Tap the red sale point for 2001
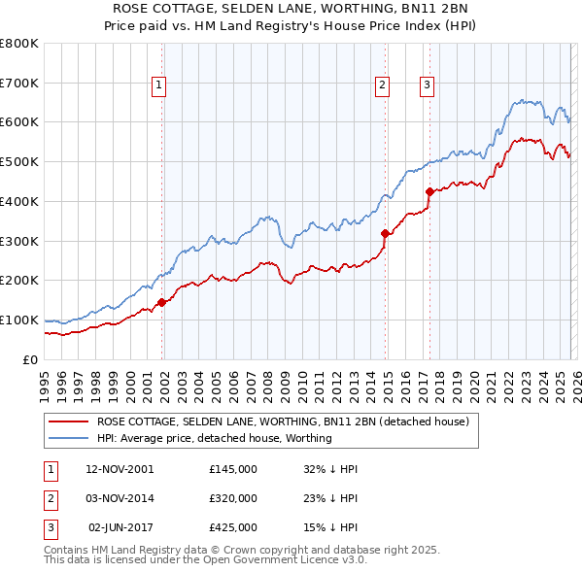coord(162,302)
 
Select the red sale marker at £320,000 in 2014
coord(386,233)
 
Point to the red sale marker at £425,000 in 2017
coord(429,191)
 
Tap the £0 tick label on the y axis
coord(29,359)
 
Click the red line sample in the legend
coord(69,421)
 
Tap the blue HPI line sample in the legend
coord(69,438)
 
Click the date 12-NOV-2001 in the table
coord(120,469)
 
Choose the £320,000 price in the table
coord(233,498)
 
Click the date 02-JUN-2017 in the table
coord(120,527)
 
